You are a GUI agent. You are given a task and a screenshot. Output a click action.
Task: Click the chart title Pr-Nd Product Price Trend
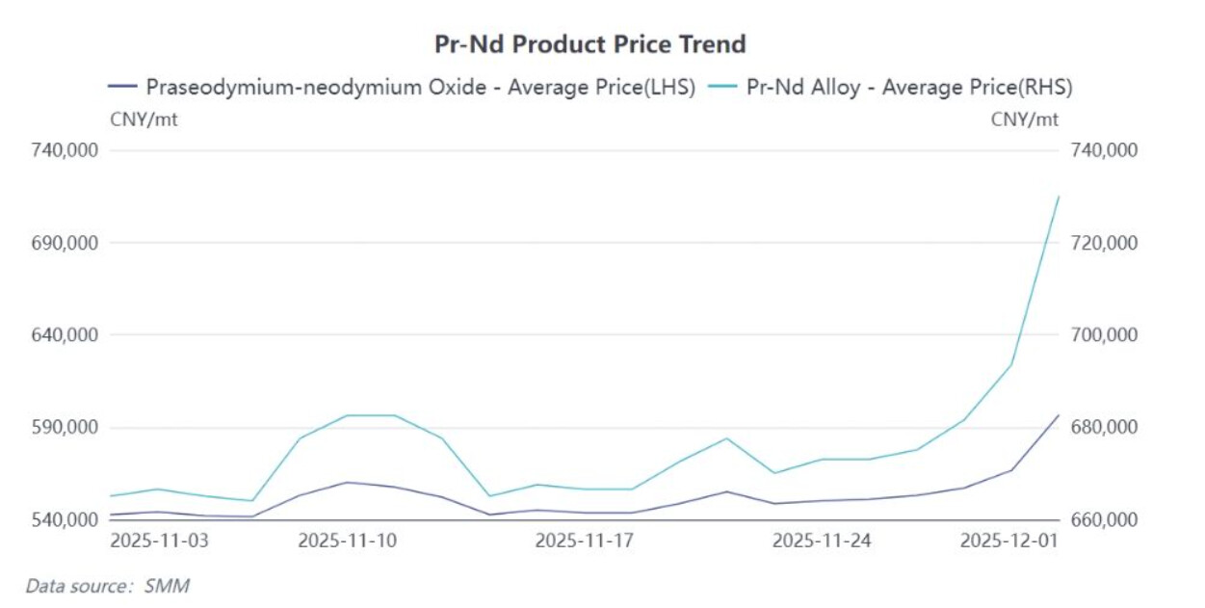coord(590,44)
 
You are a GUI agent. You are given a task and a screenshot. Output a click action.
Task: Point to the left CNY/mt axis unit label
coord(144,119)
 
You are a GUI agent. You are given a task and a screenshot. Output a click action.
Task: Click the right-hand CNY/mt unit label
coord(1024,119)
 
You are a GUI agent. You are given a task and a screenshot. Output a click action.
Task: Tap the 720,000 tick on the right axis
coord(1103,243)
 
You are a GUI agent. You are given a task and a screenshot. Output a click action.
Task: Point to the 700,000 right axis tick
coord(1103,335)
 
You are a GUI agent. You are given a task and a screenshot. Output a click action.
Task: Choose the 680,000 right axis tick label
coord(1103,428)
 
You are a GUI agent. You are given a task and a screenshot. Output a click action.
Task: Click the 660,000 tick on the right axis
coord(1103,520)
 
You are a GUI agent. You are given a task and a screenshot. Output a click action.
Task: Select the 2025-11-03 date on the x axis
coord(159,542)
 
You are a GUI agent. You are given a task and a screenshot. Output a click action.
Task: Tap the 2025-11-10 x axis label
coord(348,542)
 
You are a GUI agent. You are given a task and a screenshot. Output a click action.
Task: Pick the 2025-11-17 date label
coord(584,542)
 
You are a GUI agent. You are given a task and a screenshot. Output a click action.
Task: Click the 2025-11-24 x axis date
coord(822,542)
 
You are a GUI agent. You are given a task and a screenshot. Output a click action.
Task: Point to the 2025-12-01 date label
coord(1009,542)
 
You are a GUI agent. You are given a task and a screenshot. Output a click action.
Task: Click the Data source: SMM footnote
coord(107,585)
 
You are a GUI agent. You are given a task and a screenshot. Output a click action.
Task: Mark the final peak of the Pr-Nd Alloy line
coord(1059,197)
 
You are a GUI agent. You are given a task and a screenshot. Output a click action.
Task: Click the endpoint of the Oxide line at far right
coord(1059,415)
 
